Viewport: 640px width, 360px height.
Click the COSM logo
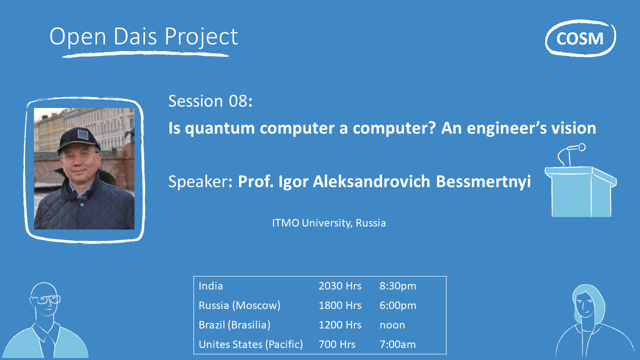coord(580,38)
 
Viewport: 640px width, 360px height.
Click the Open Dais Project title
coord(143,37)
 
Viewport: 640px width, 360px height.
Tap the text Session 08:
coord(210,101)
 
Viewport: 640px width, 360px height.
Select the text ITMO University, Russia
coord(328,223)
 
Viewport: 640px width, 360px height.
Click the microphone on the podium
coord(575,148)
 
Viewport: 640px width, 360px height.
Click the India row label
coord(210,286)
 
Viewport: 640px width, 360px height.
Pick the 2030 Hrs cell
coord(340,286)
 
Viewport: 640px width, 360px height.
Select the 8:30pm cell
coord(397,286)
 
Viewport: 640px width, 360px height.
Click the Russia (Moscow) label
coord(239,305)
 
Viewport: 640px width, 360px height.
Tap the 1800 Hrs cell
coord(340,305)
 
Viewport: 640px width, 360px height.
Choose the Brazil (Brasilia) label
coord(234,325)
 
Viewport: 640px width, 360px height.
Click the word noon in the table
coord(392,325)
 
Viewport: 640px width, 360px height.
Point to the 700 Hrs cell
coord(337,344)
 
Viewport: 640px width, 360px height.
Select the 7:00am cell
coord(397,344)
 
